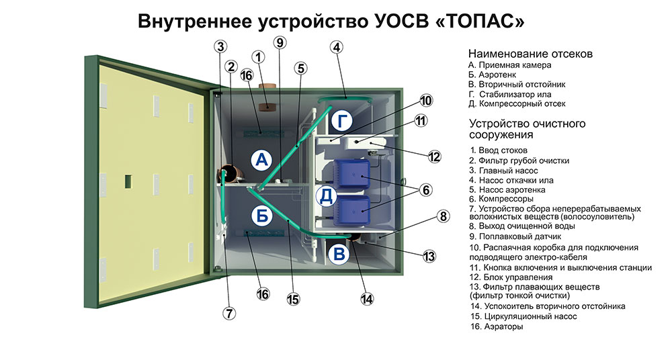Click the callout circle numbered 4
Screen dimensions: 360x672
(337, 47)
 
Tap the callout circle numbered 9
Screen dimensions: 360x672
(280, 42)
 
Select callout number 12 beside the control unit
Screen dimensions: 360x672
(434, 156)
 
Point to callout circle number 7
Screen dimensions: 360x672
(230, 312)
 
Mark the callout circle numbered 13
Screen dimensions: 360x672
(428, 256)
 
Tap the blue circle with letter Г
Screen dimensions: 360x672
(341, 122)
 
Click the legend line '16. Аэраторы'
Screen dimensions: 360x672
(496, 326)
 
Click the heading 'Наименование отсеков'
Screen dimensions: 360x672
(530, 54)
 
